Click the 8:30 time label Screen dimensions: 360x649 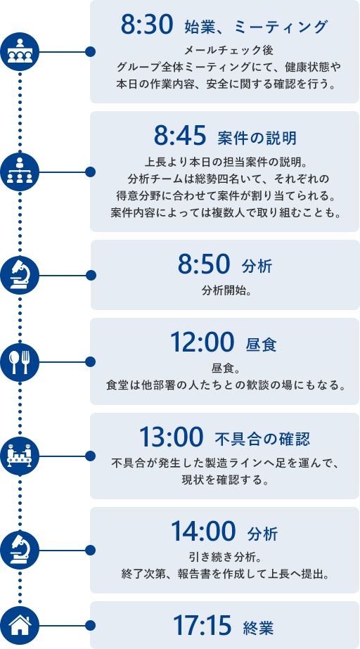(x=146, y=25)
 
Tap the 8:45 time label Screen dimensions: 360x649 (x=180, y=136)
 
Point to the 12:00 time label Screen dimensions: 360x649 (x=202, y=342)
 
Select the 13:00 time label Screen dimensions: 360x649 (x=172, y=437)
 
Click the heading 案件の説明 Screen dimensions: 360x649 (x=257, y=138)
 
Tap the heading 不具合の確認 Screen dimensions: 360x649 (x=263, y=439)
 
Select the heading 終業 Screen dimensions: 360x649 (x=258, y=628)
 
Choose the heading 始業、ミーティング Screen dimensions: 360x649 (x=256, y=27)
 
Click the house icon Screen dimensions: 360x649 (x=20, y=624)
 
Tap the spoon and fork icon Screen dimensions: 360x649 (x=20, y=361)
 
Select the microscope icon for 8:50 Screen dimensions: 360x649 (x=20, y=275)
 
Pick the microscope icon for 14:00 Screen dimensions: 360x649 (x=20, y=550)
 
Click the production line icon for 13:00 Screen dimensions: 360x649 (x=20, y=456)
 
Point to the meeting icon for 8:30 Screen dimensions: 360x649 (x=20, y=52)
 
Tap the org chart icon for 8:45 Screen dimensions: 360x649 (x=20, y=172)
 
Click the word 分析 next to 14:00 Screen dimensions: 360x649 (x=263, y=534)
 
